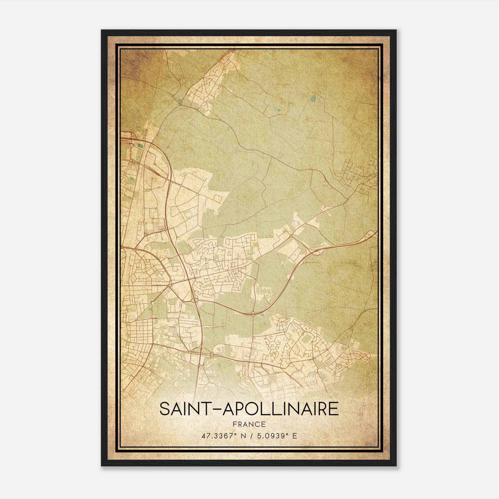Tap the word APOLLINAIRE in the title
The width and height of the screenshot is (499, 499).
(x=280, y=409)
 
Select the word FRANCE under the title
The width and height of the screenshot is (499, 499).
(x=249, y=424)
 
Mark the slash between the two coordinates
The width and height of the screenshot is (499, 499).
(x=252, y=436)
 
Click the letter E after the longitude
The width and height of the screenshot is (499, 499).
(x=295, y=436)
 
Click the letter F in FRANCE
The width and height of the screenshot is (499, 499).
(x=234, y=424)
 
